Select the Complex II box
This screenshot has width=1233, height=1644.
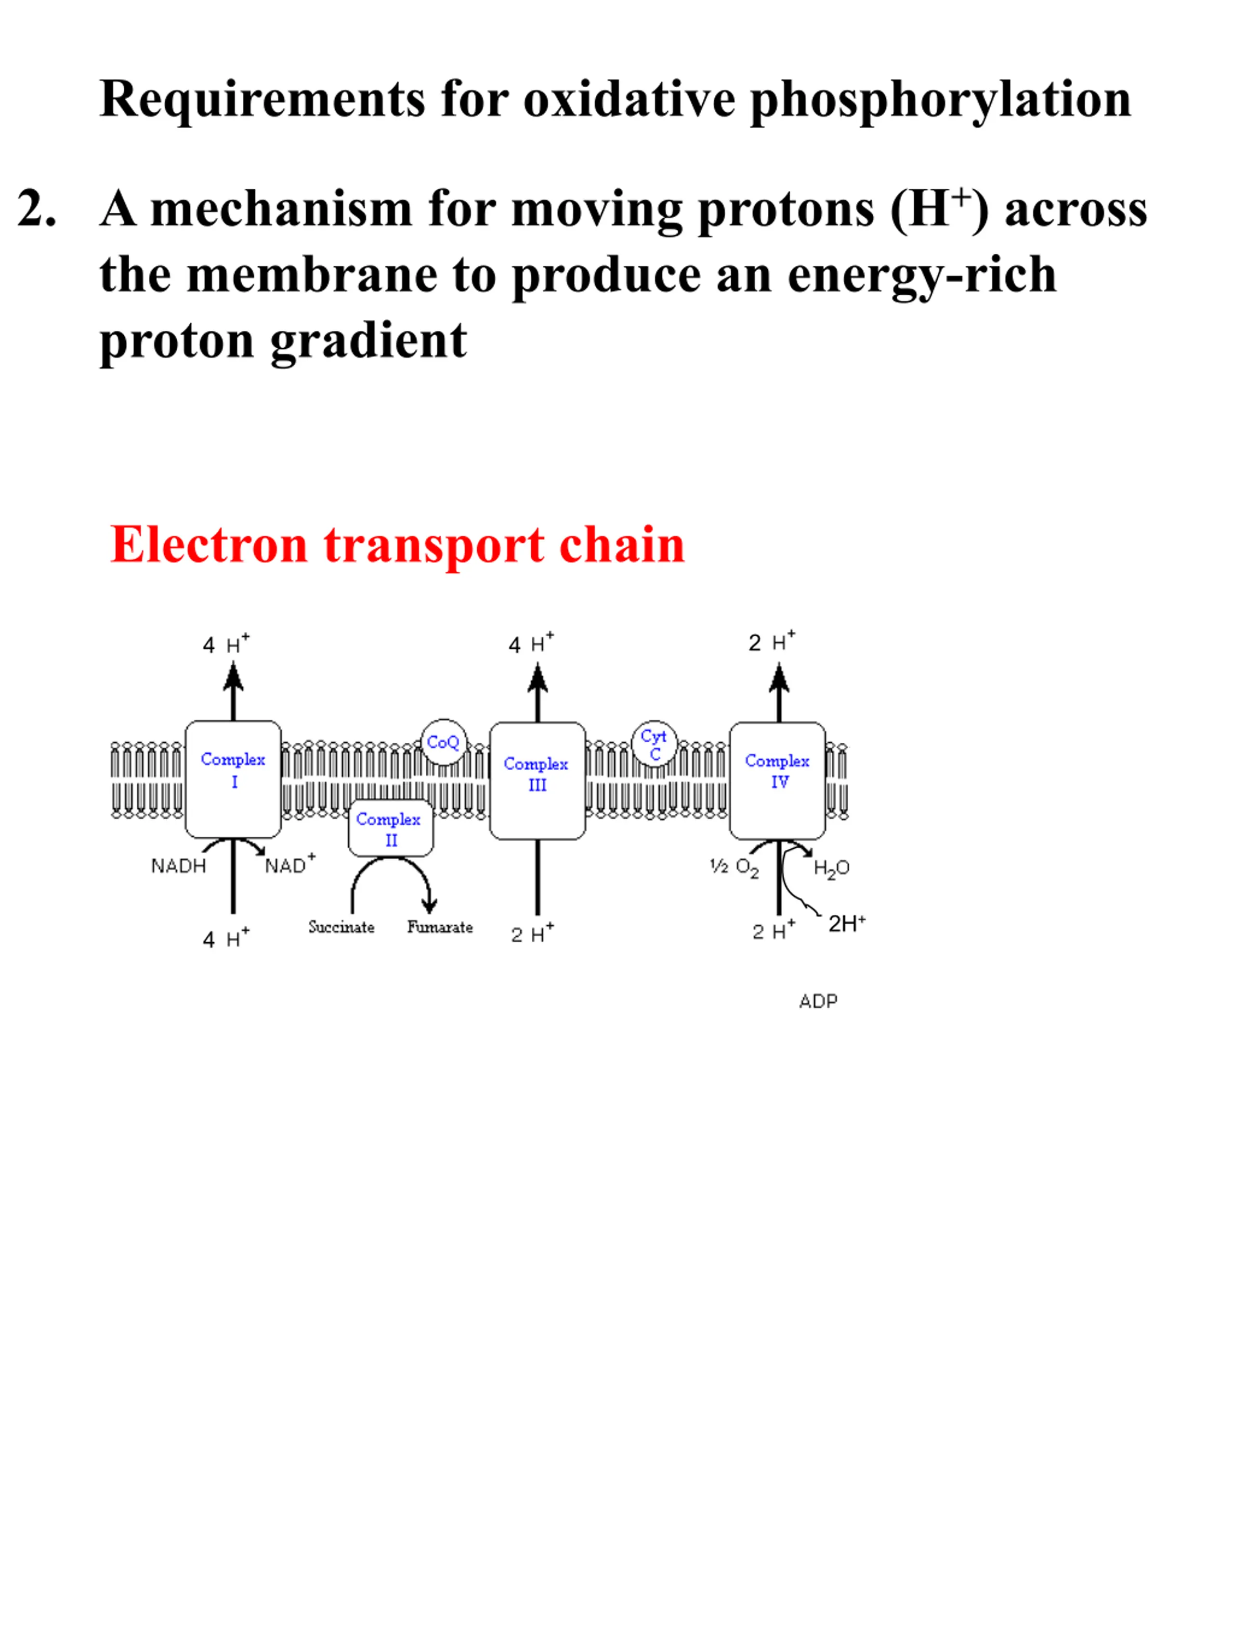point(391,828)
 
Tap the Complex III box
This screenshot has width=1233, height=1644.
point(538,780)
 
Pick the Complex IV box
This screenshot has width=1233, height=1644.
point(777,780)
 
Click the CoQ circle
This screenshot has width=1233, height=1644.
point(444,742)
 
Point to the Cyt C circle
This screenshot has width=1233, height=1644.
point(655,743)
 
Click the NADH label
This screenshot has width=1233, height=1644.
point(178,866)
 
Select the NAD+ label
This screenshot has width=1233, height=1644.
point(290,864)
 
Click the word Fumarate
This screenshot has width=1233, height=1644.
point(440,927)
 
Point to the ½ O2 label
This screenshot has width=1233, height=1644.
point(735,868)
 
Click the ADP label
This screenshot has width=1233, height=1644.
point(818,1001)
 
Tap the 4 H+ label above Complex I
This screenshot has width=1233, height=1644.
point(226,644)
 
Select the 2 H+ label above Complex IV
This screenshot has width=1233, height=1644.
point(772,642)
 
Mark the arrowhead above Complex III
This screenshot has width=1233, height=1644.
point(538,678)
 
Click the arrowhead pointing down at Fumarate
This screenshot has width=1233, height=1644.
point(429,905)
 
